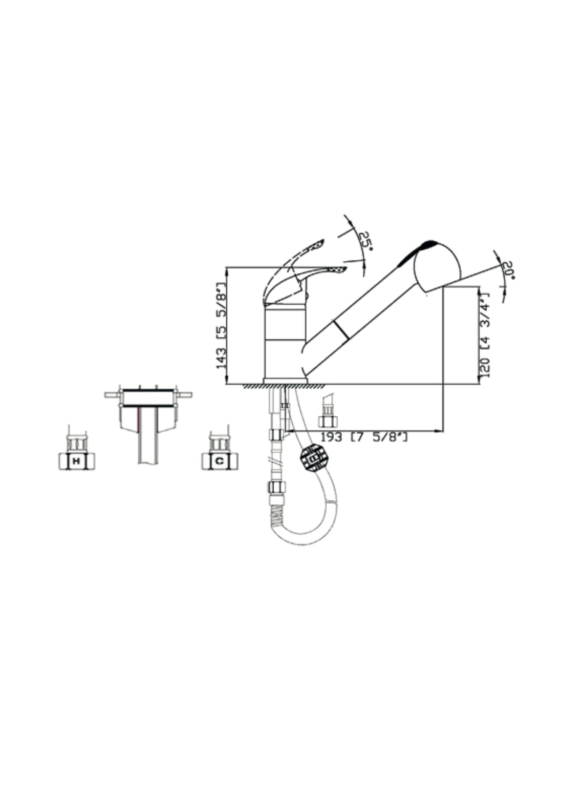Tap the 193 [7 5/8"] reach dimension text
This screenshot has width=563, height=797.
pyautogui.click(x=364, y=437)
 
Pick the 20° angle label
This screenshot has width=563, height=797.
pyautogui.click(x=508, y=270)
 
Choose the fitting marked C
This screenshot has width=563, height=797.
pyautogui.click(x=219, y=460)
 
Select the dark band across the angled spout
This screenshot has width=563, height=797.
pyautogui.click(x=341, y=329)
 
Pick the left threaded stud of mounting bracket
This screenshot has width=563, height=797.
pyautogui.click(x=113, y=395)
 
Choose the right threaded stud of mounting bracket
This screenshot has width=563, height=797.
pyautogui.click(x=184, y=395)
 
